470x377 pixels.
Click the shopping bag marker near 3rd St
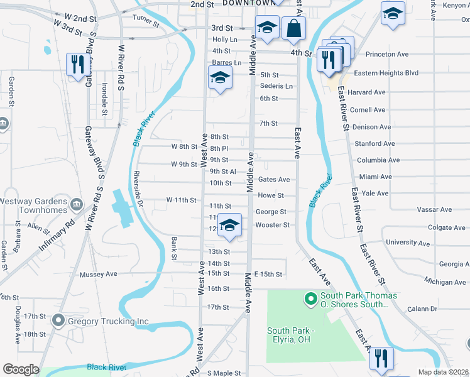293,28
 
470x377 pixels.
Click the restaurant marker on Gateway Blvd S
76,65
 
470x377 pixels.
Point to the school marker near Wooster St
230,226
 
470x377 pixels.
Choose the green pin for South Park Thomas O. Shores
310,298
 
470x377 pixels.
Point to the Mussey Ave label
99,275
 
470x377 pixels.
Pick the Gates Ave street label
274,180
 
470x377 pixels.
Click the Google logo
21,369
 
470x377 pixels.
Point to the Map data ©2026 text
443,372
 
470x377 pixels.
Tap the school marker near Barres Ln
221,78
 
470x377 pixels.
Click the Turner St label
146,21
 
